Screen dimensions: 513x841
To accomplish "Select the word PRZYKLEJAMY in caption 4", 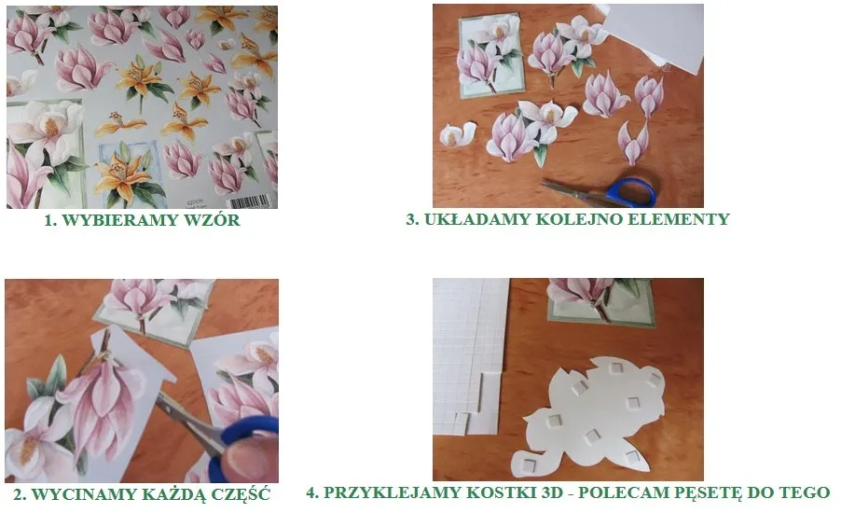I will (395, 492).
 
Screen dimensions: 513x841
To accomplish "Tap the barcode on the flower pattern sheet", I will (252, 200).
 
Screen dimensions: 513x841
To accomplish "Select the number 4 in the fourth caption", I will (311, 492).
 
